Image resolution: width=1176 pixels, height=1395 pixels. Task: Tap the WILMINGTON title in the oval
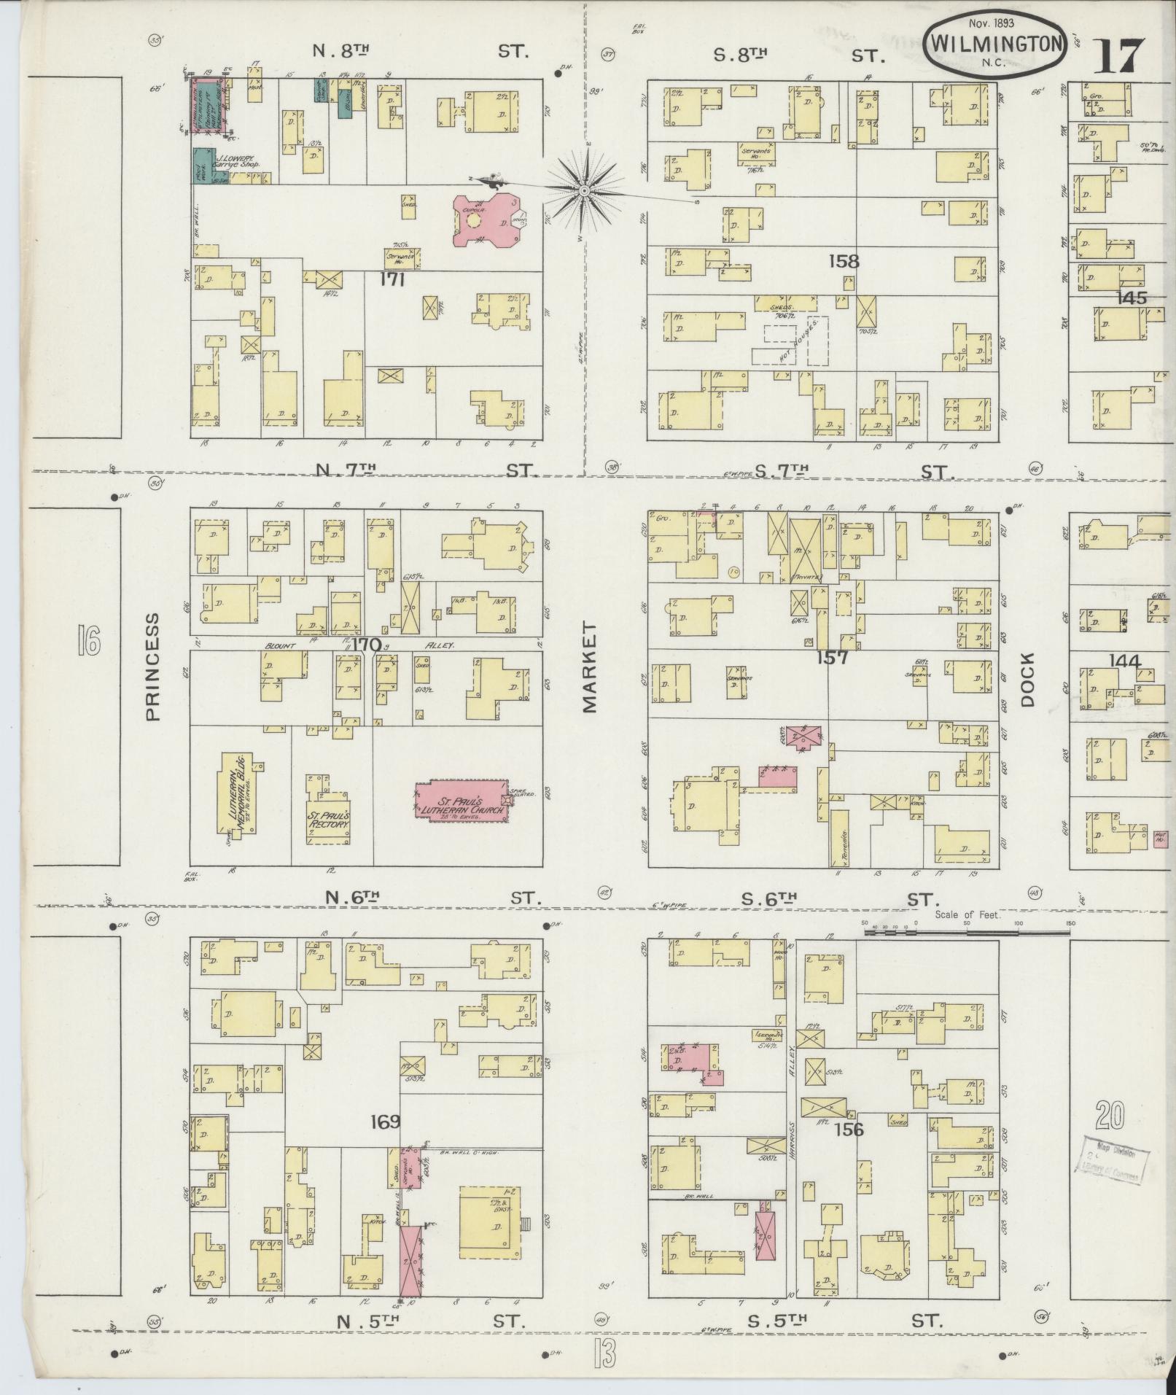(994, 44)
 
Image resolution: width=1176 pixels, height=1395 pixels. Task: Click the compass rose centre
(585, 191)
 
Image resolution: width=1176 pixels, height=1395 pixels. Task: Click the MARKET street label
(589, 667)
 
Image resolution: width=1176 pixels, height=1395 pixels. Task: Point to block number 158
(843, 260)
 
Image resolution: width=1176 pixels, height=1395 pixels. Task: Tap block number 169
(385, 1122)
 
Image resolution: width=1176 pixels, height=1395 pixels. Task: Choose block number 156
(849, 1130)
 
